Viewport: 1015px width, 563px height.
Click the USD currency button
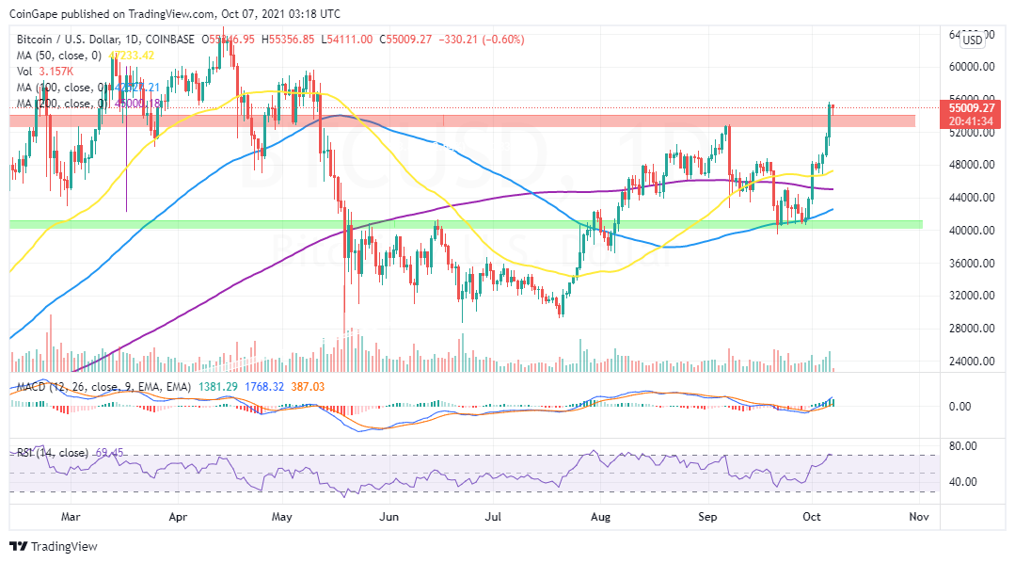972,40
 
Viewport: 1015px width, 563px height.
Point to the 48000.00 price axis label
973,165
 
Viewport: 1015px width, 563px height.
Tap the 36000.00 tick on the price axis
973,264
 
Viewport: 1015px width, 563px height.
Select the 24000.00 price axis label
973,362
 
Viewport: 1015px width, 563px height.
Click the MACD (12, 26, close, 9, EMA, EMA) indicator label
103,387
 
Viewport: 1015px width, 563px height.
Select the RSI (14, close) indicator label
53,453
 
